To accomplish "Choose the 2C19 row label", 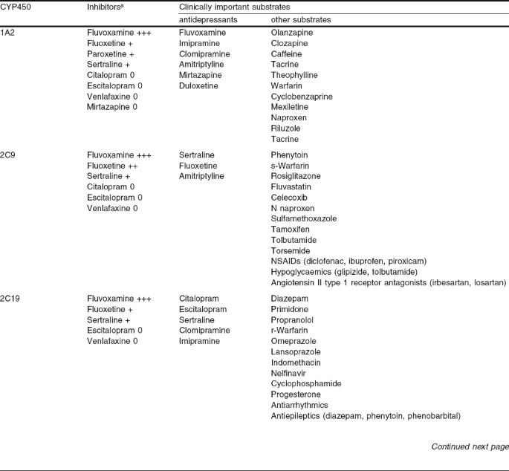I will coord(10,298).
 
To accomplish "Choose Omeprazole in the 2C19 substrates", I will coord(293,340).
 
